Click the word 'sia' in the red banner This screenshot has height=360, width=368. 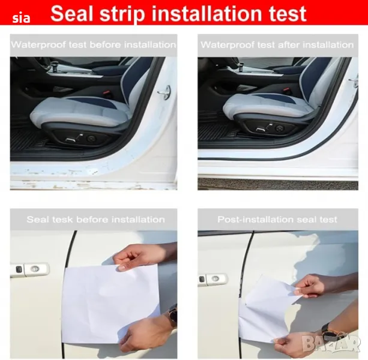pyautogui.click(x=21, y=18)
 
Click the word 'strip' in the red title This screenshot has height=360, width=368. pyautogui.click(x=122, y=14)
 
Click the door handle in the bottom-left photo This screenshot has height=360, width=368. pyautogui.click(x=29, y=269)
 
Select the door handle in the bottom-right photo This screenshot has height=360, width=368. pyautogui.click(x=213, y=280)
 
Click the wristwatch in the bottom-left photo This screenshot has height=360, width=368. pyautogui.click(x=173, y=316)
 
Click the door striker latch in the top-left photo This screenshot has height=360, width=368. pyautogui.click(x=165, y=92)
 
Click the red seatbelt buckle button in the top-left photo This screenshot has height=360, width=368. pyautogui.click(x=106, y=92)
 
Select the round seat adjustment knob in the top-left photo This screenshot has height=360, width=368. pyautogui.click(x=91, y=139)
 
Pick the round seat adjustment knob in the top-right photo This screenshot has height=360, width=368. pyautogui.click(x=279, y=128)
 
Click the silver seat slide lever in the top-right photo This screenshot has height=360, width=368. pyautogui.click(x=261, y=129)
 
